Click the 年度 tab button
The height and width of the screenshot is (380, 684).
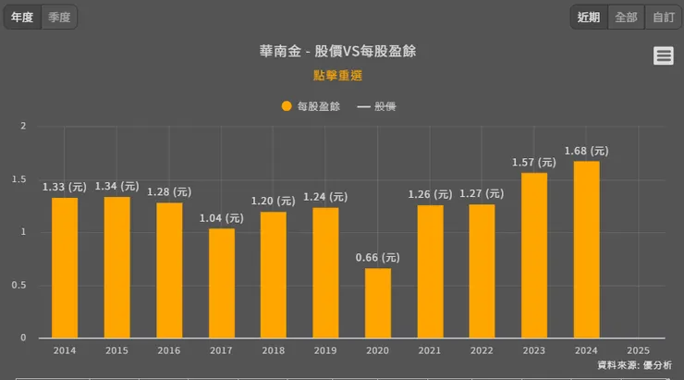[22, 17]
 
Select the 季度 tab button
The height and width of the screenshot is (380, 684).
[59, 17]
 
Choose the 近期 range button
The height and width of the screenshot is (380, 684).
[589, 17]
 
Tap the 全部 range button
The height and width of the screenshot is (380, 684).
[626, 17]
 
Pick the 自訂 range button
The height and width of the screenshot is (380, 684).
[663, 17]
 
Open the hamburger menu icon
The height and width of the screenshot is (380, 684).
[663, 55]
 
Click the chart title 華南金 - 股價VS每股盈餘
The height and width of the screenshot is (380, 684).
[337, 51]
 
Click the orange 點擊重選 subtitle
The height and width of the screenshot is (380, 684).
[337, 75]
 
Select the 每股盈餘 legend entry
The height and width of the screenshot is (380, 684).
[311, 106]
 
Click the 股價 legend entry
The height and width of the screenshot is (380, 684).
[377, 106]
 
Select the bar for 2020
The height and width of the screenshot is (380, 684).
[377, 302]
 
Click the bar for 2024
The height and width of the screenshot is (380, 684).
[586, 250]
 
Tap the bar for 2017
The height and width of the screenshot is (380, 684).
[221, 282]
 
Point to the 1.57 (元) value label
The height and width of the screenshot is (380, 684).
[534, 163]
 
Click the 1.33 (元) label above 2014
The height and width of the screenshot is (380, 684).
[65, 187]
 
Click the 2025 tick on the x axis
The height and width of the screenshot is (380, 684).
[638, 350]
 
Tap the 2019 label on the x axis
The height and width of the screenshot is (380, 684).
[325, 350]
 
